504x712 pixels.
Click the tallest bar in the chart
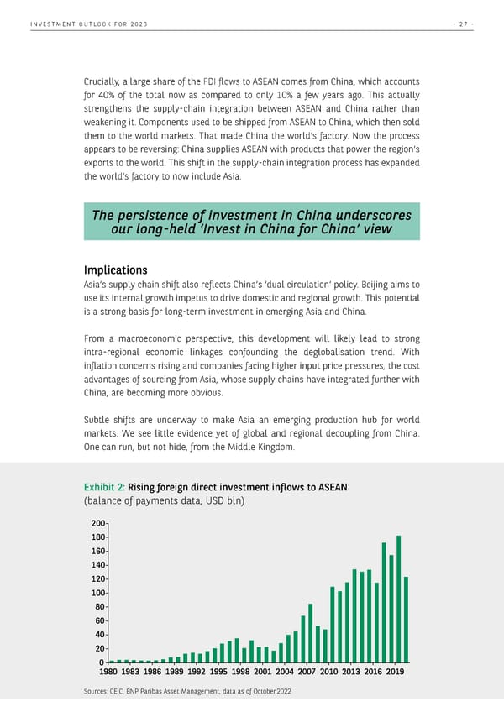(399, 599)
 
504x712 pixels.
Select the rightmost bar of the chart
(406, 620)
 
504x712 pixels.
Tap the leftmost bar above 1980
(112, 661)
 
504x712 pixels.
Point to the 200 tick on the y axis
(99, 523)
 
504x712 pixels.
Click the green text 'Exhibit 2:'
(104, 487)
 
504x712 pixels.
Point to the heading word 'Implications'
(116, 270)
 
